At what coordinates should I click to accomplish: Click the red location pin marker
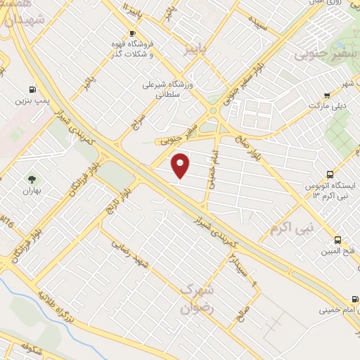pos(181,165)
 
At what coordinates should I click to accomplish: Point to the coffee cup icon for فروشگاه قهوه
pos(132,34)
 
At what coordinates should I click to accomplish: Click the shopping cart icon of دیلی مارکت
pos(326,95)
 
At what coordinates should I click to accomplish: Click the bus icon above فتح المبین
pos(338,240)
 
